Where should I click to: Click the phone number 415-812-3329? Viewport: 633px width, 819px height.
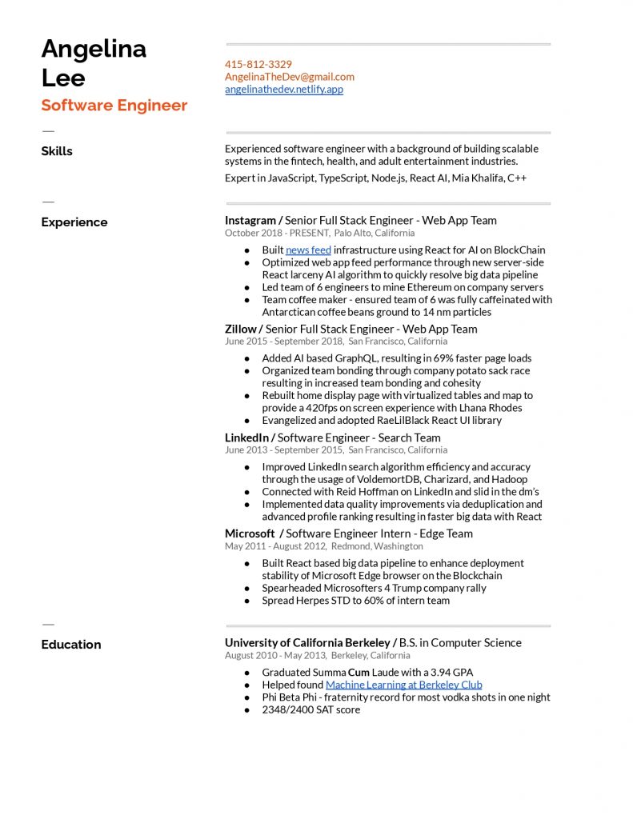tap(258, 64)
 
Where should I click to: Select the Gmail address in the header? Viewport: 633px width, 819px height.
tap(290, 77)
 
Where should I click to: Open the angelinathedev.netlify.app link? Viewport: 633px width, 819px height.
tap(284, 90)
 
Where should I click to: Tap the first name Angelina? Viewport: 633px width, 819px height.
tap(94, 49)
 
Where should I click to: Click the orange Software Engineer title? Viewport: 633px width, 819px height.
tap(114, 106)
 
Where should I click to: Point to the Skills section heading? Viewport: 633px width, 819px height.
tap(57, 151)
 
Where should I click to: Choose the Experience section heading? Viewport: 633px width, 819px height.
tap(74, 222)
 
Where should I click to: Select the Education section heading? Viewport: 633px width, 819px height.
tap(71, 645)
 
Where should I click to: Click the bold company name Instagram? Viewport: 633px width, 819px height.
tap(250, 220)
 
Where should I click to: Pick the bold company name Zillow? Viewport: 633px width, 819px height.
tap(240, 329)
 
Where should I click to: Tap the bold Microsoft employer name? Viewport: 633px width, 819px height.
tap(250, 533)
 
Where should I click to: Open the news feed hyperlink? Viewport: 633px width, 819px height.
tap(308, 250)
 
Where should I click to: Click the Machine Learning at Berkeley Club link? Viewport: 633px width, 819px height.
tap(403, 685)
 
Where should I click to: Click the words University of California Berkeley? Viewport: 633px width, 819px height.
tap(306, 643)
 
